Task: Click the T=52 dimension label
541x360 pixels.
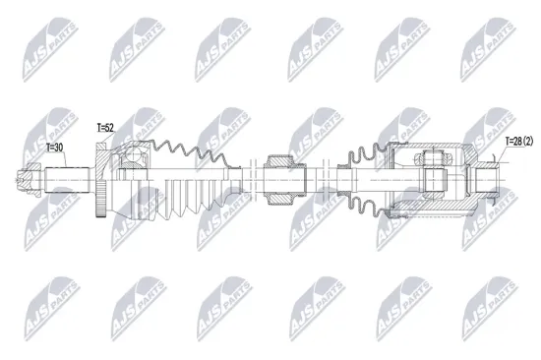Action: coord(105,128)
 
